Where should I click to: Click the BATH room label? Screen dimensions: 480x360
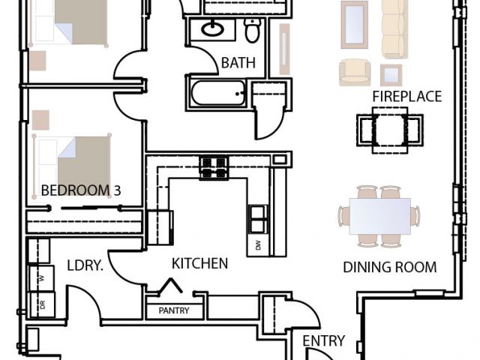click(x=238, y=63)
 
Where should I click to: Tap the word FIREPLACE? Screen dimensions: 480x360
click(x=406, y=97)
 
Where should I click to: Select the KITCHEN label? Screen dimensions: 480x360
click(x=200, y=263)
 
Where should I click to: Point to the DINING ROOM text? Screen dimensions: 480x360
click(x=390, y=267)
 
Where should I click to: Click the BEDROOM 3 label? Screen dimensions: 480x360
click(x=81, y=190)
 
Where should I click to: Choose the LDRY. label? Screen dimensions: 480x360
click(x=85, y=265)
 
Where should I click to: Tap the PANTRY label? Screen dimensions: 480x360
click(x=174, y=310)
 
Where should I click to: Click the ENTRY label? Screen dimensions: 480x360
click(x=323, y=340)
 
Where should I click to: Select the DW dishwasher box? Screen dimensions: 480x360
click(x=258, y=245)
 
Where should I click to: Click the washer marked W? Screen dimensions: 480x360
click(x=42, y=278)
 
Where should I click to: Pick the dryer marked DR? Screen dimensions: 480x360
click(x=42, y=304)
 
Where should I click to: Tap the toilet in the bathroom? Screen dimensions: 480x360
click(x=253, y=30)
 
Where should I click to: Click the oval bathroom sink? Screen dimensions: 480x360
click(x=212, y=29)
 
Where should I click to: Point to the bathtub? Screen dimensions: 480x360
click(x=218, y=93)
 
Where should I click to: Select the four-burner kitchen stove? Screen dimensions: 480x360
click(x=214, y=167)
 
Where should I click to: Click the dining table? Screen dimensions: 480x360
click(x=380, y=216)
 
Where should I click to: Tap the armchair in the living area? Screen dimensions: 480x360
click(x=355, y=73)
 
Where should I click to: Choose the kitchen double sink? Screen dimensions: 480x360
click(x=257, y=219)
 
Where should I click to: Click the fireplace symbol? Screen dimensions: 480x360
click(x=390, y=130)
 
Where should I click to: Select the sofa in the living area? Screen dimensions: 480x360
click(x=395, y=29)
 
